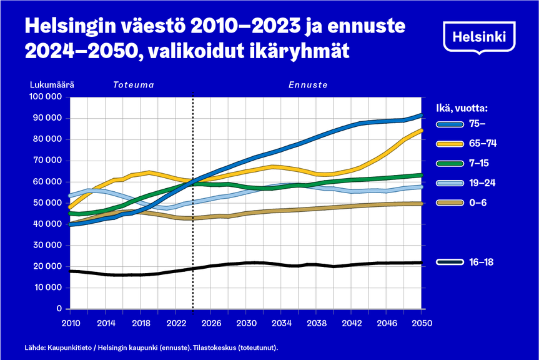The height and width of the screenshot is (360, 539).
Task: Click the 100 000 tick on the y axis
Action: pyautogui.click(x=45, y=97)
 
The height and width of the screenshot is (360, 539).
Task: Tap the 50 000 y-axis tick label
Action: pyautogui.click(x=47, y=203)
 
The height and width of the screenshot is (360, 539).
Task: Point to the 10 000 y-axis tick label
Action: pyautogui.click(x=47, y=287)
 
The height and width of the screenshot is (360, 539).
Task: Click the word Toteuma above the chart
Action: pyautogui.click(x=133, y=84)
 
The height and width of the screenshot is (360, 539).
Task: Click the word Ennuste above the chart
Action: pyautogui.click(x=308, y=84)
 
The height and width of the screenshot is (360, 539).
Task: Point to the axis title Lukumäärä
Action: pyautogui.click(x=52, y=84)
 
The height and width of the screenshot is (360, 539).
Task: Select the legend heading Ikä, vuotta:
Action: pyautogui.click(x=460, y=107)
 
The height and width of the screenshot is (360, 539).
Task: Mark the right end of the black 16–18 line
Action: pyautogui.click(x=422, y=262)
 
